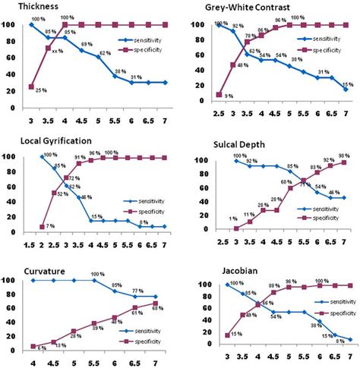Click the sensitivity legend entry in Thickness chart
click(137, 39)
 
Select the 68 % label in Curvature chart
click(158, 306)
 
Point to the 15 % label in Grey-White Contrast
click(348, 84)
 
